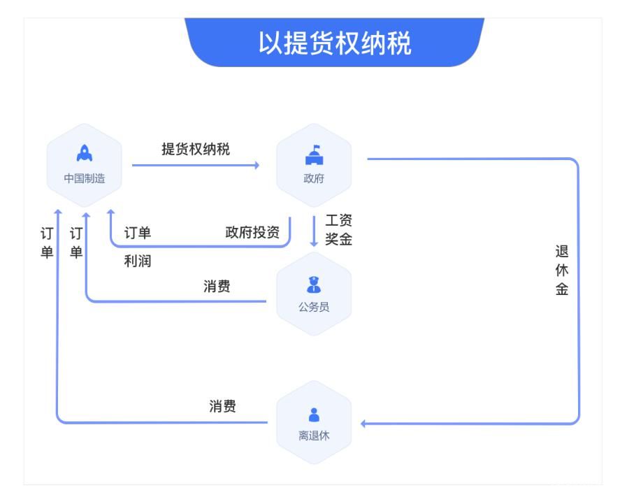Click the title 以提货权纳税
click(x=335, y=43)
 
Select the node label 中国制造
click(x=84, y=178)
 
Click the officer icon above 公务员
click(x=314, y=285)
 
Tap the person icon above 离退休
click(x=314, y=415)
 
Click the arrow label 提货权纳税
click(x=196, y=149)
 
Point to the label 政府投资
click(x=252, y=233)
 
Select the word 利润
click(x=137, y=262)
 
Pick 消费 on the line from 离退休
click(x=222, y=407)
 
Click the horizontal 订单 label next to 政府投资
click(x=138, y=233)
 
